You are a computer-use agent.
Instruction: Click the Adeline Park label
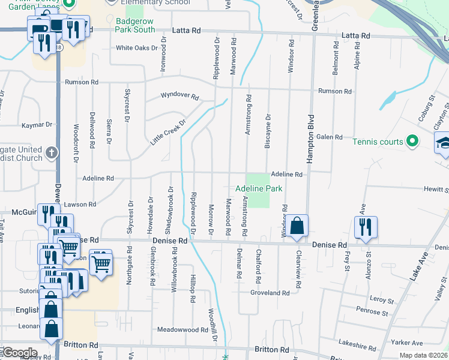point(258,188)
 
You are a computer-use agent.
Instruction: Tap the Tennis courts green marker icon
point(412,142)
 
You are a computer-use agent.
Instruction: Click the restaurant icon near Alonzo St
point(366,227)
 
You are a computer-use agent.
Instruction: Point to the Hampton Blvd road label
point(311,139)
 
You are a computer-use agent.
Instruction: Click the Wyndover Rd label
point(179,95)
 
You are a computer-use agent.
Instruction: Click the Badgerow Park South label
point(135,24)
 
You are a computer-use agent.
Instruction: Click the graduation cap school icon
point(443,143)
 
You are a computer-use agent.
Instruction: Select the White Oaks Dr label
point(136,48)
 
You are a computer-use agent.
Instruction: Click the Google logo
point(19,353)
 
